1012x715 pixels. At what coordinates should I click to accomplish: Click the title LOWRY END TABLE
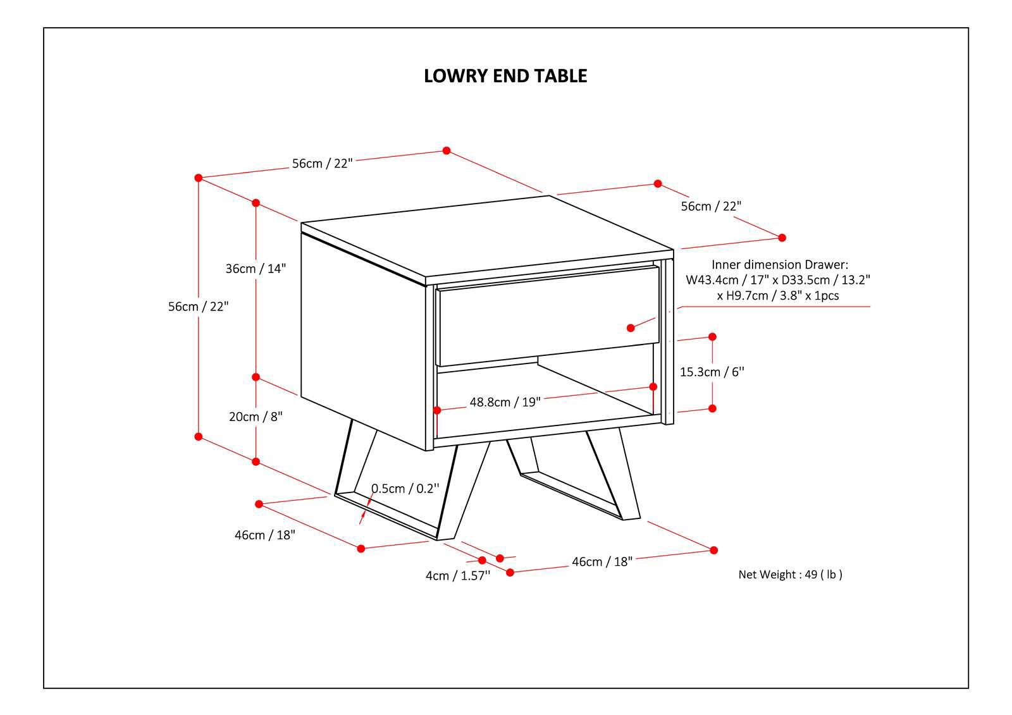tap(505, 76)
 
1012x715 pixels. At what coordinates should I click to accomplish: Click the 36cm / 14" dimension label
tap(256, 268)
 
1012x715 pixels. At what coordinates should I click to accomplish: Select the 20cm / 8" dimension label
tap(256, 417)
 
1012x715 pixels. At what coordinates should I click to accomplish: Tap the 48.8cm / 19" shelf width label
tap(505, 402)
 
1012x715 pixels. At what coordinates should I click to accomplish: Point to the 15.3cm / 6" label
tap(712, 372)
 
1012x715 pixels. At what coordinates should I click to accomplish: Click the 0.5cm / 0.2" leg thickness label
tap(405, 488)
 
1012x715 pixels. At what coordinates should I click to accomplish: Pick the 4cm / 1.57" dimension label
tap(458, 576)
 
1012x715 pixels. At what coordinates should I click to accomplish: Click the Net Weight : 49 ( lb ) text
tap(790, 575)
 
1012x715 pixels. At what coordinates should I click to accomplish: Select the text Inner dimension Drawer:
tap(780, 265)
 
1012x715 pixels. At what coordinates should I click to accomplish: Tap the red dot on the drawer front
tap(631, 327)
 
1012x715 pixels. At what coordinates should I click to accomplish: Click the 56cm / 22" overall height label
tap(198, 306)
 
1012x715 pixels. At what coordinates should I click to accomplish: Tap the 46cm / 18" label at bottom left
tap(265, 535)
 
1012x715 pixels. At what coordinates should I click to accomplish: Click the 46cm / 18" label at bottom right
tap(602, 561)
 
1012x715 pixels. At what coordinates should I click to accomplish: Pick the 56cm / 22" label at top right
tap(710, 206)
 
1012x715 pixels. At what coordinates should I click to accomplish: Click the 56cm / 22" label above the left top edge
tap(322, 163)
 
